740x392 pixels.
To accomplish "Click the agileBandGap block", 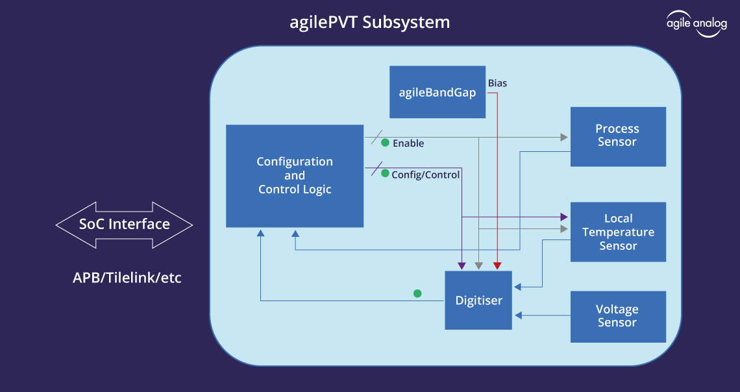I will point(437,92).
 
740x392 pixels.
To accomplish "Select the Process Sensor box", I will point(617,136).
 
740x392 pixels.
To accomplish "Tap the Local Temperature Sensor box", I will point(617,232).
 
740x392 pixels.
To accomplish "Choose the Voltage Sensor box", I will point(617,316).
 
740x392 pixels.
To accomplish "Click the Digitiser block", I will point(478,300).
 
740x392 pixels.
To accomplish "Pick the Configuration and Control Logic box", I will point(295,176).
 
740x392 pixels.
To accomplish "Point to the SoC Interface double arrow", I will point(124,225).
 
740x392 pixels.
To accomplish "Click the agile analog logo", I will point(697,23).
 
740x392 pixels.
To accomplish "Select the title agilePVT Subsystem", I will point(369,23).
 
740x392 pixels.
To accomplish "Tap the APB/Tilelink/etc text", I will point(127,278).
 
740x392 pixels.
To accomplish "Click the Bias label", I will point(497,83).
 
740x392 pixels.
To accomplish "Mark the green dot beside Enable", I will point(385,142).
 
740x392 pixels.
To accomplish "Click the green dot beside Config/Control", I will point(385,173).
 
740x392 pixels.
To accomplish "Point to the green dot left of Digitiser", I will point(417,293).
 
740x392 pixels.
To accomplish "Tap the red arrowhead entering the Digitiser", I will point(497,266).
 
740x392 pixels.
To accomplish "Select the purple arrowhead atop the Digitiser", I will point(462,266).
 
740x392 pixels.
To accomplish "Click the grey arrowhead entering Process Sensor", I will point(563,137).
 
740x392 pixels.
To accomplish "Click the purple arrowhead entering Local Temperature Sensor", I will point(563,217).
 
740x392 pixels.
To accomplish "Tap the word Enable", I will point(408,143).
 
